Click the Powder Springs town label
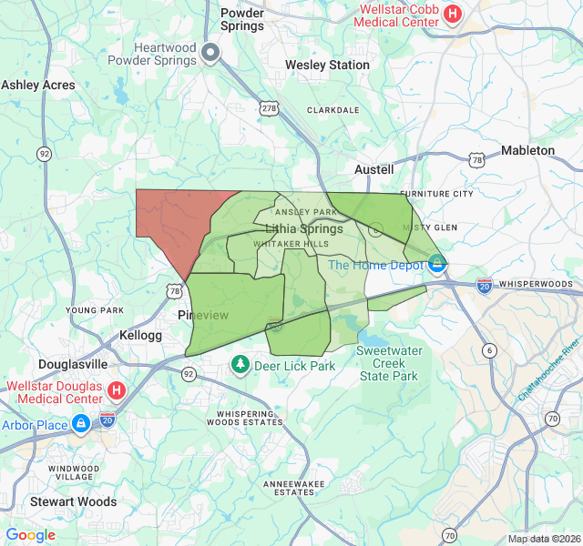point(242,19)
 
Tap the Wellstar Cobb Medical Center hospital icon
point(453,15)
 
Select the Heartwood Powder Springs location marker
point(211,54)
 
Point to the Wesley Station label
point(327,66)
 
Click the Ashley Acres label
point(38,85)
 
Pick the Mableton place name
point(527,150)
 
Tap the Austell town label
point(373,170)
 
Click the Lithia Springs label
point(304,228)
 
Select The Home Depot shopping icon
point(437,265)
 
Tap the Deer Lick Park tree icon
point(240,366)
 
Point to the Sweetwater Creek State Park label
point(388,363)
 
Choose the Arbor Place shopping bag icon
point(82,424)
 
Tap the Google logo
point(30,535)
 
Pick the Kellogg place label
point(140,336)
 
